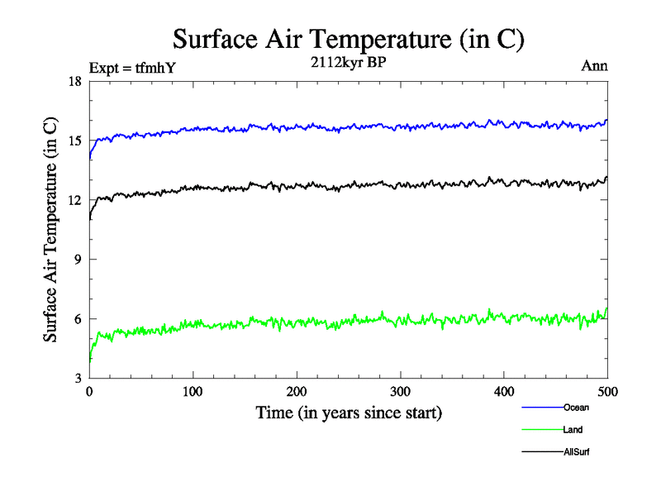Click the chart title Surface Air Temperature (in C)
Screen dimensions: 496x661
click(348, 39)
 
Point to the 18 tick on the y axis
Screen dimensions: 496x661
click(75, 81)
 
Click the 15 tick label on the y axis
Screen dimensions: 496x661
click(75, 141)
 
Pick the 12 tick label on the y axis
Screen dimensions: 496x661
click(75, 200)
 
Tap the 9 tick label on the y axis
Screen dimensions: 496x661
click(78, 260)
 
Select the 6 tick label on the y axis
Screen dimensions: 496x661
click(78, 319)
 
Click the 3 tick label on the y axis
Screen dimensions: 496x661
click(78, 379)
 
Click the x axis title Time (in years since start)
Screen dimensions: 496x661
click(348, 413)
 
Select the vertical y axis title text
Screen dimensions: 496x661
click(50, 230)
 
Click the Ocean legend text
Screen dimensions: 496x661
click(576, 408)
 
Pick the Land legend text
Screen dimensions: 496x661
click(573, 430)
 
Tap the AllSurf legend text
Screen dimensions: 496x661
click(576, 452)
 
